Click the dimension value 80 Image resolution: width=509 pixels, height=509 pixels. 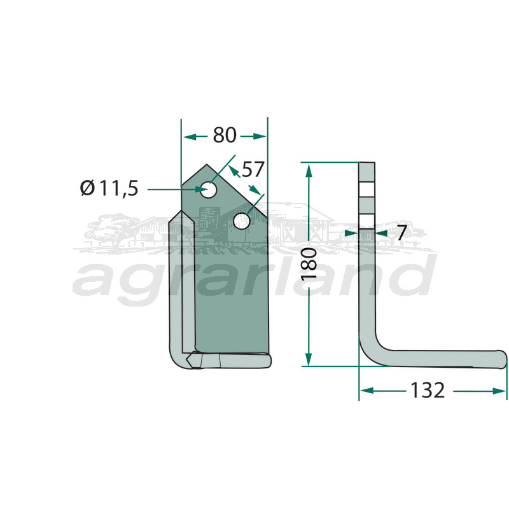(x=225, y=135)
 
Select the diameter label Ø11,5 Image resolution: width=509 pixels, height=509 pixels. (x=109, y=188)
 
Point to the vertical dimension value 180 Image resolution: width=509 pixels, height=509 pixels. (x=309, y=263)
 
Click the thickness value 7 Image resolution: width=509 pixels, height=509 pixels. (x=402, y=233)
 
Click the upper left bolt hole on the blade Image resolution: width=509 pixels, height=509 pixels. (x=209, y=190)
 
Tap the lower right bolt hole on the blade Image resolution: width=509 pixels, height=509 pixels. (x=242, y=221)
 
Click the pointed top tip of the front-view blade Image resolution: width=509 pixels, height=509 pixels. (x=207, y=165)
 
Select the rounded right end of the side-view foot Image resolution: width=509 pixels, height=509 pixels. (x=503, y=359)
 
